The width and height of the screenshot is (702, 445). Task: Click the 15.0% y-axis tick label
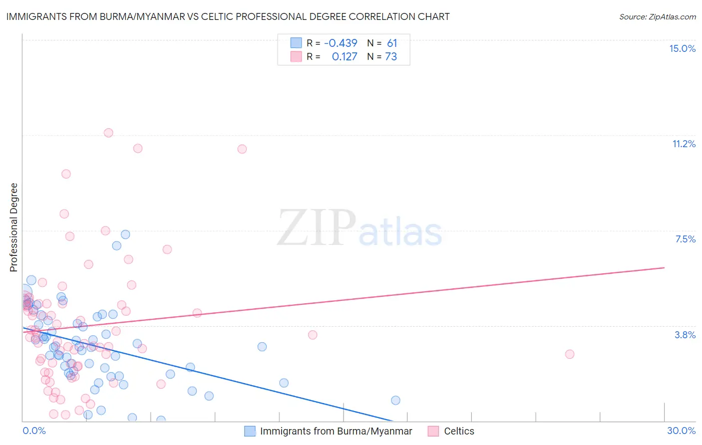(682, 48)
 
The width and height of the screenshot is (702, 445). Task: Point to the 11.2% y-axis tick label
(684, 144)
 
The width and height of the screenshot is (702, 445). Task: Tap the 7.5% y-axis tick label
(685, 239)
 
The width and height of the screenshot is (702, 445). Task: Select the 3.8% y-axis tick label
(685, 335)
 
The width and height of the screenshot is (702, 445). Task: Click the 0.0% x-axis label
(34, 431)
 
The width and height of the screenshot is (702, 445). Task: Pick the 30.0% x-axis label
(681, 431)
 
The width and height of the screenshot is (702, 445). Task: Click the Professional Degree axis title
(13, 227)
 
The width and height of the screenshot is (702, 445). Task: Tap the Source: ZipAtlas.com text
(657, 16)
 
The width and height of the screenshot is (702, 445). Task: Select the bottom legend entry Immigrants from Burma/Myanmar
(336, 431)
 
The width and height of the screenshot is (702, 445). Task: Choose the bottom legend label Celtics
(459, 431)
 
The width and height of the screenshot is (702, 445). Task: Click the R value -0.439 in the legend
(341, 43)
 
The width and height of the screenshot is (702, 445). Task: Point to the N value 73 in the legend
(391, 57)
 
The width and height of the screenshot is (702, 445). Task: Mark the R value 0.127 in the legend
(345, 57)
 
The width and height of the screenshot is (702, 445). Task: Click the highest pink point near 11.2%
(108, 133)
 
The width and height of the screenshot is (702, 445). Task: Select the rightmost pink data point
(570, 354)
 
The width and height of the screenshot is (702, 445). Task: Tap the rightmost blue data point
(395, 400)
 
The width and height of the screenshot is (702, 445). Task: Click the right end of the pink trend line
(664, 268)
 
